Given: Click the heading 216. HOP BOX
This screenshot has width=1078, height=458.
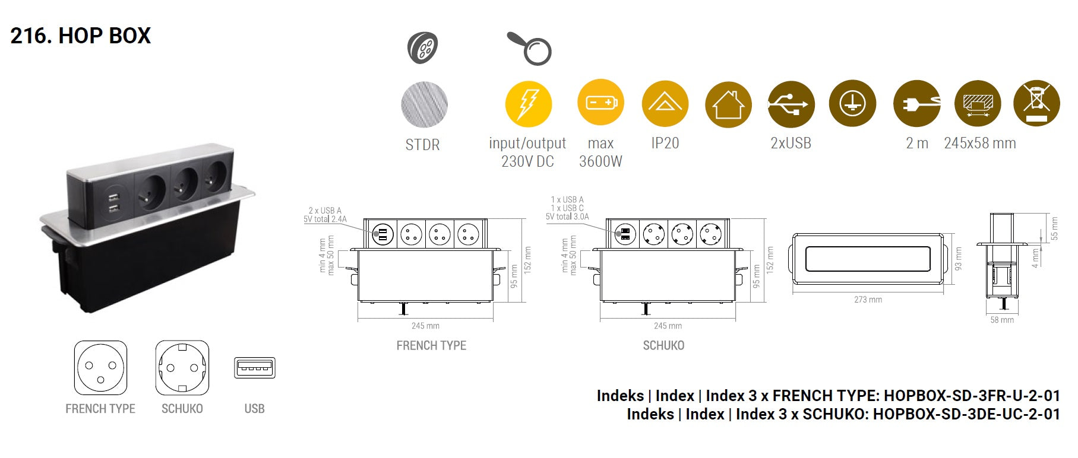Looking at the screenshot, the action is [x=81, y=36].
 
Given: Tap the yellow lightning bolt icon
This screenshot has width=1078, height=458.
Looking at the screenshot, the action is [x=528, y=104].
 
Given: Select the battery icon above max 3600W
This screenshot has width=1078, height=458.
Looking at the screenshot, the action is [x=600, y=103].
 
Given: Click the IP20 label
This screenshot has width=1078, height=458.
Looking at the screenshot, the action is [x=665, y=143].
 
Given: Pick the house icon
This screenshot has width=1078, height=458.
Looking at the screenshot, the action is [x=728, y=104].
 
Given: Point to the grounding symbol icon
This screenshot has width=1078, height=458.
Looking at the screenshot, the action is [x=852, y=104].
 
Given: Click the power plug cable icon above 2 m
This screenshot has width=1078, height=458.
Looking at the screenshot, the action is [x=917, y=104].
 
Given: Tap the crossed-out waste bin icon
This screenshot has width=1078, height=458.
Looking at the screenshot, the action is [x=1036, y=104].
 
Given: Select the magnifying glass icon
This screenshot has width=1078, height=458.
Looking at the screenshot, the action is [x=530, y=47].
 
